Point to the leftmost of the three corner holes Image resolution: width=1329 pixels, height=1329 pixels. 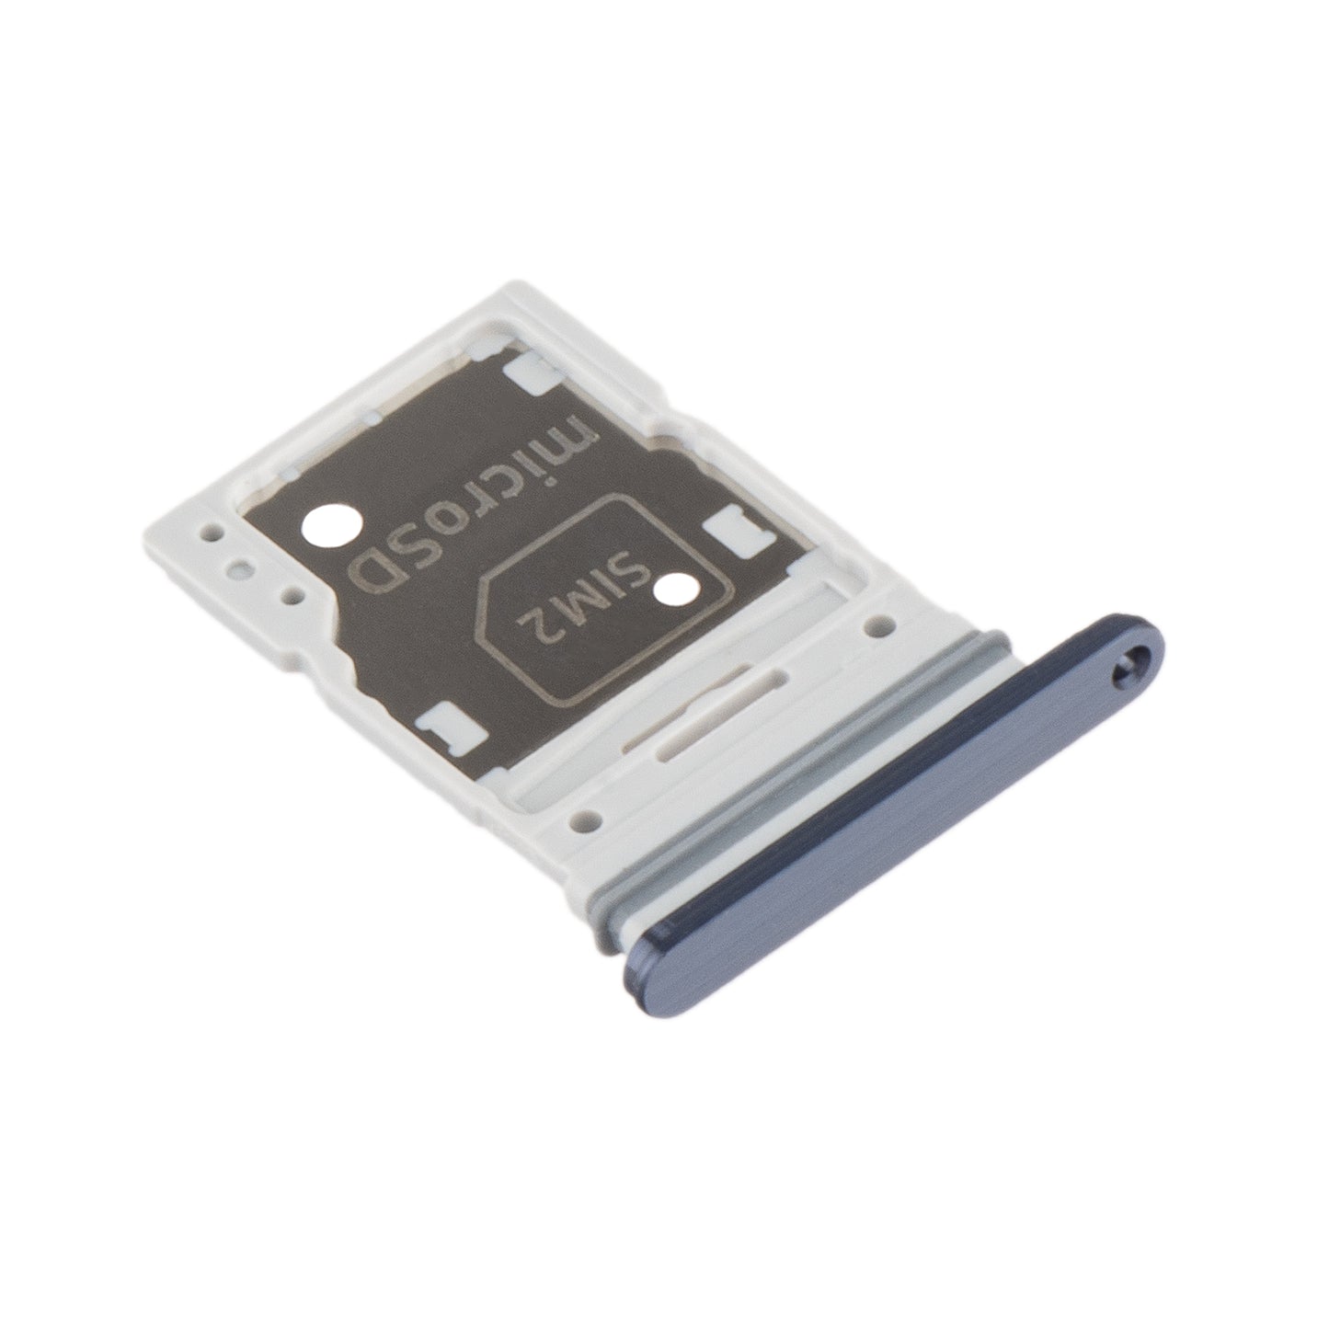[214, 531]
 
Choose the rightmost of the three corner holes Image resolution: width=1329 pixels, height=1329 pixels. [294, 597]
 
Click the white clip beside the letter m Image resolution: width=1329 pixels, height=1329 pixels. [530, 371]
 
